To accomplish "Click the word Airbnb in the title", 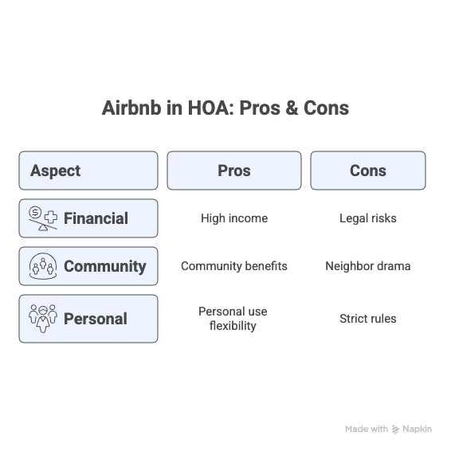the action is click(131, 108).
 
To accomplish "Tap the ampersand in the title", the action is click(292, 108).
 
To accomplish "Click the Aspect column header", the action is click(88, 171).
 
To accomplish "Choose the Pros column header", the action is click(234, 171).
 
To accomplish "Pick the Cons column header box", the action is click(368, 171).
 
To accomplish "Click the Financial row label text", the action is click(96, 218).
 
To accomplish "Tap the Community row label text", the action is click(105, 266).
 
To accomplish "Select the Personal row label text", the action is click(96, 319).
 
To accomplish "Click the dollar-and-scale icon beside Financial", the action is click(43, 218).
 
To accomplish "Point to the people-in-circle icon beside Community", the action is click(43, 266).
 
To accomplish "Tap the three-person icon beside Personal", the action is click(43, 319).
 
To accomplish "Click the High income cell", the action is click(234, 218).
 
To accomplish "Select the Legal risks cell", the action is click(368, 218).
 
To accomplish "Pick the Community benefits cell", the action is click(234, 266).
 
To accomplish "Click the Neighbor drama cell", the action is click(368, 266).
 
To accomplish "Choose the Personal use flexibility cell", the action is click(233, 319).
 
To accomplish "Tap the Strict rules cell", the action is click(368, 319).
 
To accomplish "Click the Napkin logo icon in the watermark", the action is click(396, 429).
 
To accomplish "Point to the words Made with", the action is click(367, 429).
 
